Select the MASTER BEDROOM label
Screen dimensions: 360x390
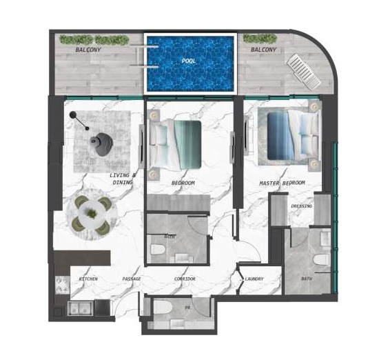point(282,183)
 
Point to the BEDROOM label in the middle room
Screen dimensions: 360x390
point(183,183)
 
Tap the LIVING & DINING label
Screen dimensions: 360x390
point(123,179)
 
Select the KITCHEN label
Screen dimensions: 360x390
point(89,279)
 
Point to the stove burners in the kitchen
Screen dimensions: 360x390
point(61,285)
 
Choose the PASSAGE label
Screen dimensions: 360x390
point(132,279)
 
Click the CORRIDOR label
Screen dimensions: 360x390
point(184,279)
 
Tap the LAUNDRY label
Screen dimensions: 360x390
point(254,279)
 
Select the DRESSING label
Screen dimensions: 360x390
point(301,206)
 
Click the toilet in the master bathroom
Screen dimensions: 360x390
point(320,259)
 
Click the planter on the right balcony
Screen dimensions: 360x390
point(260,39)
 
